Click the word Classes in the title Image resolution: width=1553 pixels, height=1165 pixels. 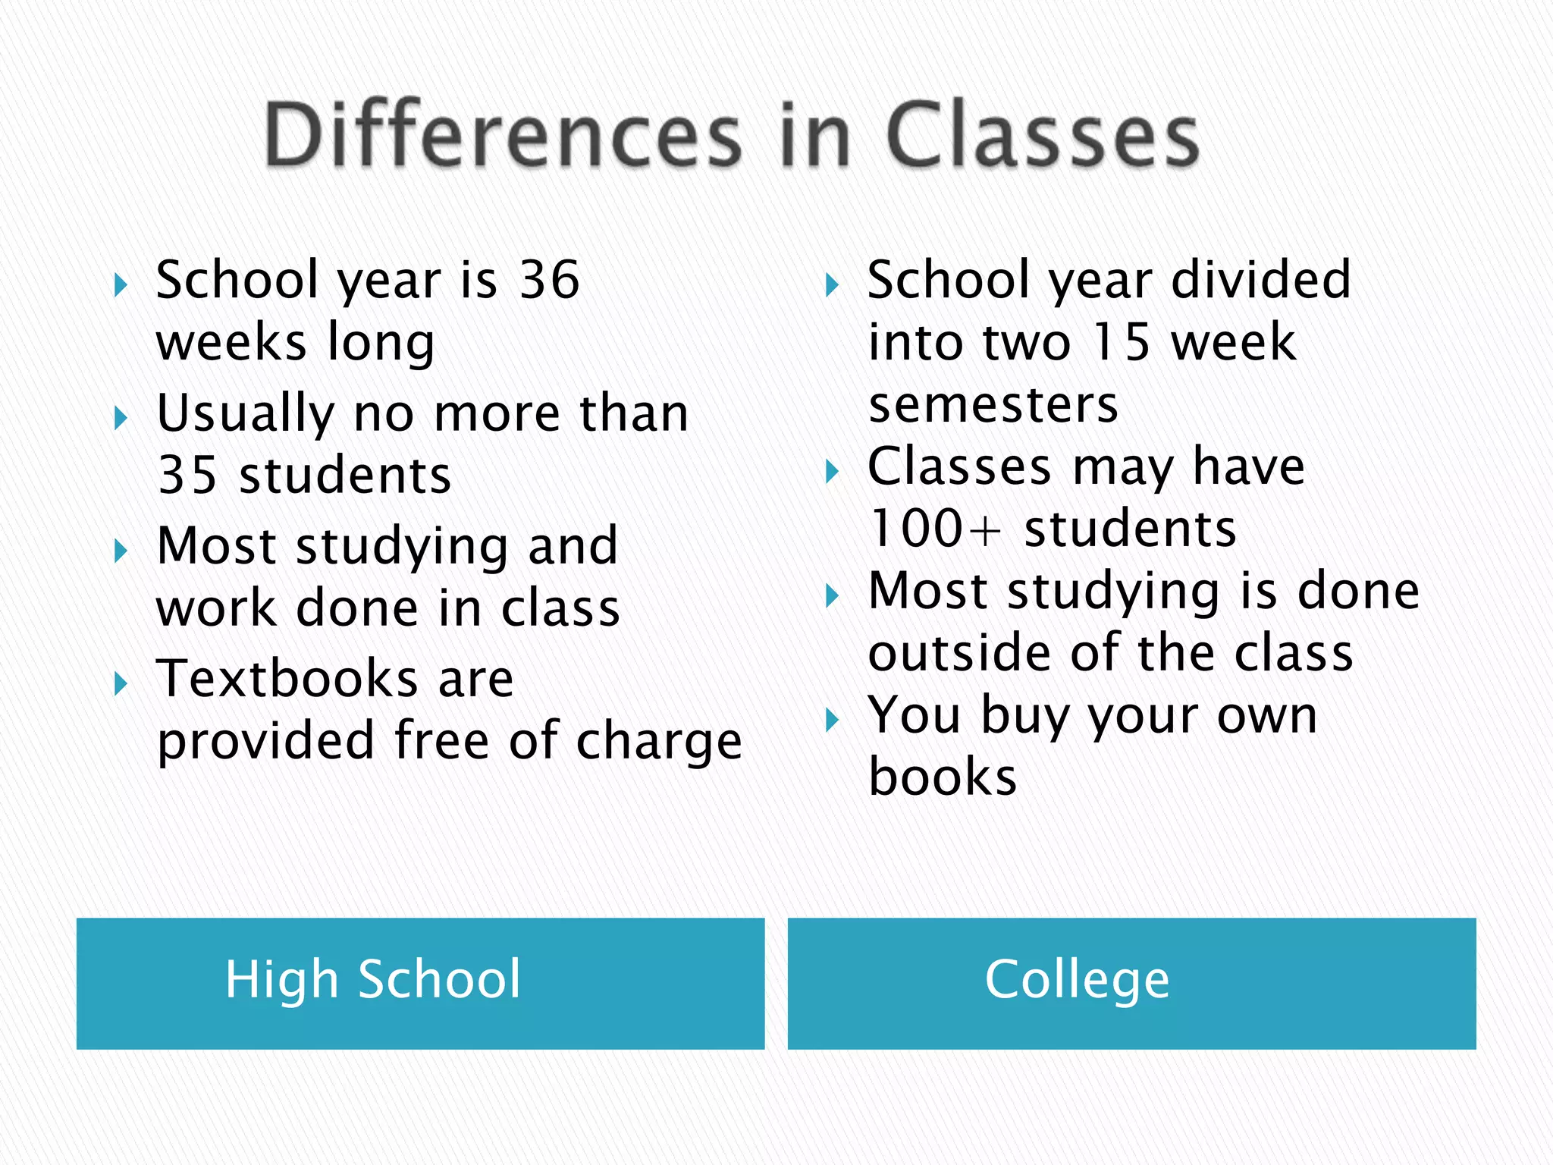1042,135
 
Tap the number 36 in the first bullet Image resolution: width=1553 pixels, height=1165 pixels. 550,280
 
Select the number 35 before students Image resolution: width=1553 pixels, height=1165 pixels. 187,476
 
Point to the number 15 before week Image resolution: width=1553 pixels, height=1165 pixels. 1122,342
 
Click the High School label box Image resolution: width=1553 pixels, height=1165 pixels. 420,983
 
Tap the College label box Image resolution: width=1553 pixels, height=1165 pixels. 1131,983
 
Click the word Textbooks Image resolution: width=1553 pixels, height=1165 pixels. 287,678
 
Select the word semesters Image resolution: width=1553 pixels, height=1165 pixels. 993,404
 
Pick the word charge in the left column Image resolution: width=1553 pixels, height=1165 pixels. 659,742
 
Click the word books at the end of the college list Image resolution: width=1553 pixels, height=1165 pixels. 943,777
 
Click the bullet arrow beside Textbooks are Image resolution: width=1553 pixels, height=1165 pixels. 121,684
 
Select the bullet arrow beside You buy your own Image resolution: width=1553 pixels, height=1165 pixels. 832,720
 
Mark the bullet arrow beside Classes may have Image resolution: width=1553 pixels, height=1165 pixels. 832,472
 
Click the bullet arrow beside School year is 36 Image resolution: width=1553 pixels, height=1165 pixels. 121,286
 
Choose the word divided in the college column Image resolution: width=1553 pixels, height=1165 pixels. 1260,280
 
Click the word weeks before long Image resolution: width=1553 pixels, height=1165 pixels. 231,342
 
